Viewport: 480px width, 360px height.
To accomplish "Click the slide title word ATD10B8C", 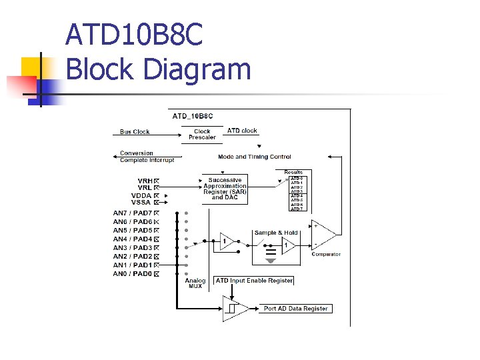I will coord(134,35).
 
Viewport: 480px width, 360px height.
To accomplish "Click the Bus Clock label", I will coord(135,132).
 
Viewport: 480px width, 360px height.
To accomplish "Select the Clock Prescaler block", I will coord(202,135).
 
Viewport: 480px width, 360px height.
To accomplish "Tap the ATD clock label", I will coord(242,131).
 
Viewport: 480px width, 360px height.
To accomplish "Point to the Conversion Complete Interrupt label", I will coord(147,157).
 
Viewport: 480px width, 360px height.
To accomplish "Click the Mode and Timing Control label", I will coord(254,157).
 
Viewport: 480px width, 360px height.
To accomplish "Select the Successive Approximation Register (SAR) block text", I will coord(225,189).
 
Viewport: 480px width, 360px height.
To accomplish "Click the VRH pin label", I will coord(145,181).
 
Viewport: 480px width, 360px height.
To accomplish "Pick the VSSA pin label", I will coord(141,202).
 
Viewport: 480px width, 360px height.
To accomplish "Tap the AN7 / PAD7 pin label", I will coord(132,213).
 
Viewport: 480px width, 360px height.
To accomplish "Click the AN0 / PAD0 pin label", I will coord(132,274).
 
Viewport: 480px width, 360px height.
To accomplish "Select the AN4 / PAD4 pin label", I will coord(132,239).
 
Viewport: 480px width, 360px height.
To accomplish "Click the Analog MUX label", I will coord(195,283).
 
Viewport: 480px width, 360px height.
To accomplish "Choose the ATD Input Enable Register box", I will coord(254,281).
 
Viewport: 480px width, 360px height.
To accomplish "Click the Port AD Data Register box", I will coord(295,309).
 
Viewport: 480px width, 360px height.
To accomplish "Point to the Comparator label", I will coord(326,254).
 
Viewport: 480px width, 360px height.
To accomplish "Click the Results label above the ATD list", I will coord(293,172).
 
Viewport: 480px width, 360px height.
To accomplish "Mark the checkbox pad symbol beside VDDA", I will coord(157,195).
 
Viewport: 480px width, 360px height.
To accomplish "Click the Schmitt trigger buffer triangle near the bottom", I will coord(233,309).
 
